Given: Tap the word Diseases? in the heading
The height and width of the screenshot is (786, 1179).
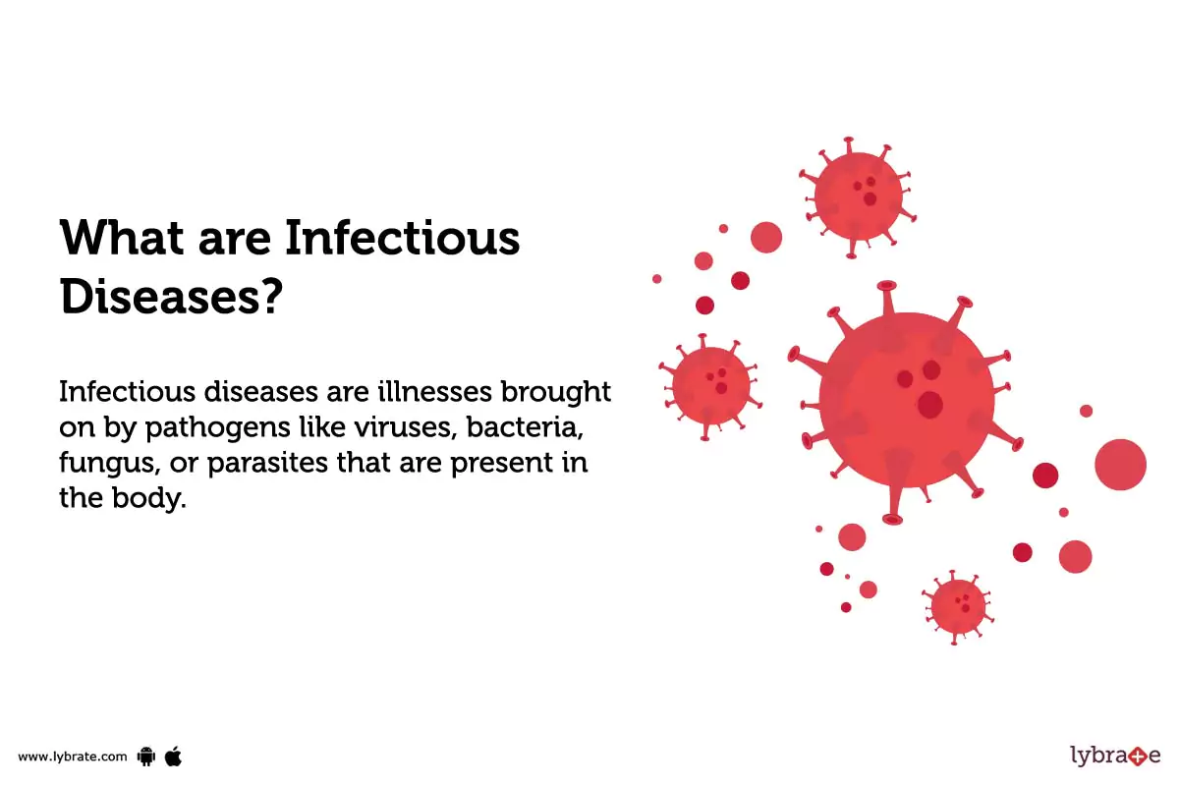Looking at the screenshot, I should point(172,296).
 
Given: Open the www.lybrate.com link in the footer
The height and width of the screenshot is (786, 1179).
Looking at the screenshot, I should point(73,757).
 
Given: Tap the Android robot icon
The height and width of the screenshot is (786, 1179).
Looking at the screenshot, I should point(147,756).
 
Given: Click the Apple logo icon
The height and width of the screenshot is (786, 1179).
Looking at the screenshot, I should point(174,755).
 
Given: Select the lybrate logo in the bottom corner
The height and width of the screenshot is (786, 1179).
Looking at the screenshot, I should point(1114,756).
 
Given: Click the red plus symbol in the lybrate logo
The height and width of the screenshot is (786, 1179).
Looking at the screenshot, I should point(1137,757).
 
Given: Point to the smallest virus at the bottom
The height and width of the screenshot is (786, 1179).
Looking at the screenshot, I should point(957,606).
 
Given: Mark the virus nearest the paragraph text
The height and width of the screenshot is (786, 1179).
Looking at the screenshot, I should point(710,385).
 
